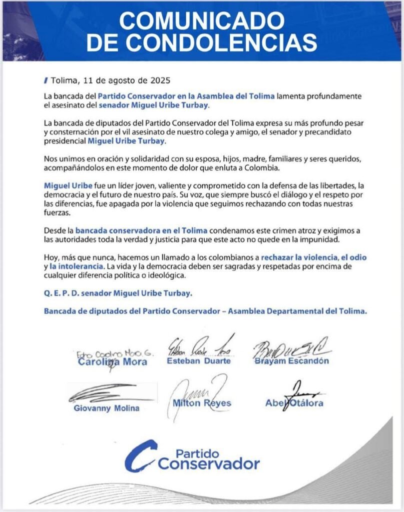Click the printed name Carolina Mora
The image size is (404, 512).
(x=112, y=361)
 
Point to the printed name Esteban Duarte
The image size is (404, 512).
(x=199, y=360)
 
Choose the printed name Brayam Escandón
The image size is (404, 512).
(x=292, y=360)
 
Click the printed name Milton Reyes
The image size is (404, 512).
(x=201, y=403)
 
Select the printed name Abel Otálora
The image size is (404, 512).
(x=294, y=403)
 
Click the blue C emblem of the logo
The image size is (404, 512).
(x=141, y=455)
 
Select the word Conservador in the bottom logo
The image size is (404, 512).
(x=209, y=463)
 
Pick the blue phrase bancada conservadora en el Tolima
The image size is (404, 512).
(x=140, y=230)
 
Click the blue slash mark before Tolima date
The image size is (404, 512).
(x=46, y=80)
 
